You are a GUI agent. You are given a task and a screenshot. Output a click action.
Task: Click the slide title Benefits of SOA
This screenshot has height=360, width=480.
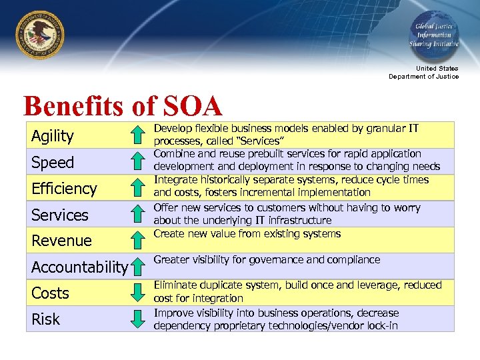(x=122, y=106)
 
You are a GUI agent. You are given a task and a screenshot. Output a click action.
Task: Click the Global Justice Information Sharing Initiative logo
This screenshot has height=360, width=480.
(x=433, y=33)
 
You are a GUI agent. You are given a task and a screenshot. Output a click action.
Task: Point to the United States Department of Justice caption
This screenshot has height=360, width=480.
(x=424, y=72)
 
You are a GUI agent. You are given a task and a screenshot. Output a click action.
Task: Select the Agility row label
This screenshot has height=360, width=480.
(x=53, y=136)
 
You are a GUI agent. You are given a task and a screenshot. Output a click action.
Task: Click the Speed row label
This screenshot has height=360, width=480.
(x=53, y=163)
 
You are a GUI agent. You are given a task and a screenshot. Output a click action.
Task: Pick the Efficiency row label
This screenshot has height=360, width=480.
(x=64, y=189)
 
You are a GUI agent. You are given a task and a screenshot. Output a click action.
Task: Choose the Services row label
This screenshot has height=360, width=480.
(x=60, y=215)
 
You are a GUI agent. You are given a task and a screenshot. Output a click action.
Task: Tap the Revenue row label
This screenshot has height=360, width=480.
(x=61, y=241)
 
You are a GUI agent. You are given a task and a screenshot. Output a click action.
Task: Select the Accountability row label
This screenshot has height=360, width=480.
(x=79, y=267)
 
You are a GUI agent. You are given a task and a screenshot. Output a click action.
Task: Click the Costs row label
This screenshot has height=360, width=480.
(x=50, y=293)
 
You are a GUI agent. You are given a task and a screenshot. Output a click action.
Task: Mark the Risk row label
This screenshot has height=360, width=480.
(x=45, y=319)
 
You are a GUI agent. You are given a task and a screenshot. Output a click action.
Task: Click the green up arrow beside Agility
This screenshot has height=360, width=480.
(x=137, y=137)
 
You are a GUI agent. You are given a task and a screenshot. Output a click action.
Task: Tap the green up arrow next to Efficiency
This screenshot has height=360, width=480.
(x=137, y=189)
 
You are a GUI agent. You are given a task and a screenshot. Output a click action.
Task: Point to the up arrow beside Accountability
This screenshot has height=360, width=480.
(x=137, y=267)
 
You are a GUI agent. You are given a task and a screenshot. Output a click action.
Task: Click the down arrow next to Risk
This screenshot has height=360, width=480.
(x=137, y=319)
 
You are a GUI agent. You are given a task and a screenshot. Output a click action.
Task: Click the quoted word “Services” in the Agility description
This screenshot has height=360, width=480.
(x=263, y=141)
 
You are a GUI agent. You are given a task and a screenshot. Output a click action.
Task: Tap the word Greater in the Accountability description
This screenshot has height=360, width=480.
(x=172, y=259)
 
